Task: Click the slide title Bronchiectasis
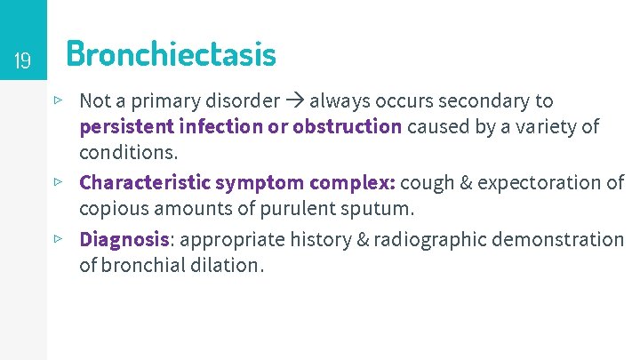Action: click(171, 55)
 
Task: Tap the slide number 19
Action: click(23, 61)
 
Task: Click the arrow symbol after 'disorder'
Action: click(295, 101)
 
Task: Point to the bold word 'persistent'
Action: click(125, 126)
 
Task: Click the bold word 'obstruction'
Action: click(347, 126)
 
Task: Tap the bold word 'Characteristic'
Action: click(145, 183)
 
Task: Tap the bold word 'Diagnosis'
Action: click(124, 240)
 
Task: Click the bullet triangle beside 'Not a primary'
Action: click(58, 100)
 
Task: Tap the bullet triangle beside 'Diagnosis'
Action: click(58, 238)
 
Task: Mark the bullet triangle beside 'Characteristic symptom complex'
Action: click(58, 181)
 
